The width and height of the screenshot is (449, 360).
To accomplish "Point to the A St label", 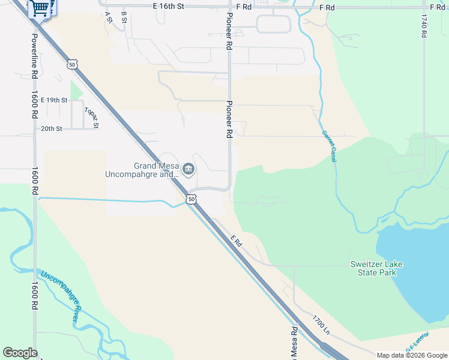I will [109, 17].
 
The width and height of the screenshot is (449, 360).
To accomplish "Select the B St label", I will [124, 17].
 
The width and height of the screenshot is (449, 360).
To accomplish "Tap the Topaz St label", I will [91, 118].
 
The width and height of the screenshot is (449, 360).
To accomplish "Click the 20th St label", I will [52, 128].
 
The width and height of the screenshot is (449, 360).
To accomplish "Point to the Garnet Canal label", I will [328, 146].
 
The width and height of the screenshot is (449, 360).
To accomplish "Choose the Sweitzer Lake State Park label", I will [376, 268].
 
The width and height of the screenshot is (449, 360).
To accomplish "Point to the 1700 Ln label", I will [321, 325].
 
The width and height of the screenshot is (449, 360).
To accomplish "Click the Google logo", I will [20, 353].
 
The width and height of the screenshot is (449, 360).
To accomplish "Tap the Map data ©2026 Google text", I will [412, 355].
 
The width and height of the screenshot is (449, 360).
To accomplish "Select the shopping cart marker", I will [40, 8].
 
